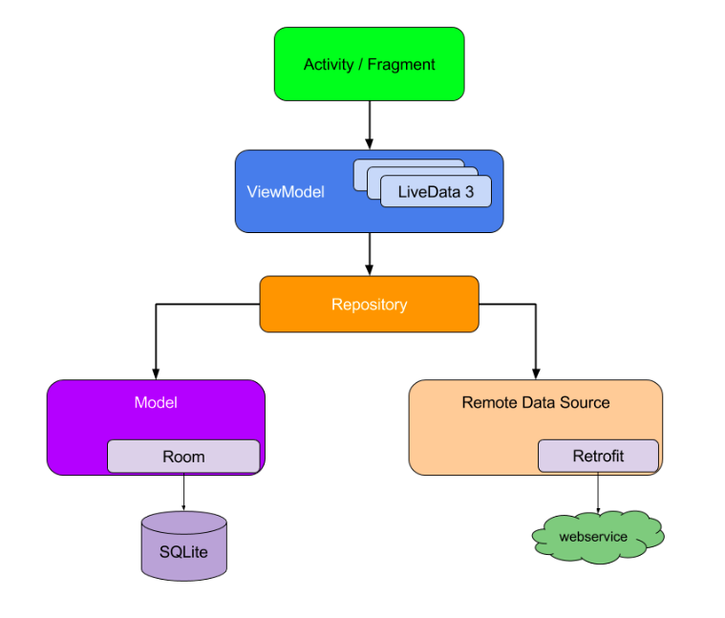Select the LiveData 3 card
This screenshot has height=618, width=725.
click(435, 191)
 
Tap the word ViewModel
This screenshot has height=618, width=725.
click(286, 192)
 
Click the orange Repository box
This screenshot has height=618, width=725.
click(369, 305)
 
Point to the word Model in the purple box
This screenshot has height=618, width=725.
click(156, 402)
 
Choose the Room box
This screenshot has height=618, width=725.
click(183, 457)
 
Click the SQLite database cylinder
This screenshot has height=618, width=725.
click(184, 547)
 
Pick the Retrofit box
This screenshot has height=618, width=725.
click(598, 456)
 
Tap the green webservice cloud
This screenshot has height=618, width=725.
click(596, 537)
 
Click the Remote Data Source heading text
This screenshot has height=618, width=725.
click(535, 402)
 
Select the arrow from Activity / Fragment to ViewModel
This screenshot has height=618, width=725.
click(369, 124)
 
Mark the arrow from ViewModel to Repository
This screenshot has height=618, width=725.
click(369, 254)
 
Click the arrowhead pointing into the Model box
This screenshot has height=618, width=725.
click(156, 373)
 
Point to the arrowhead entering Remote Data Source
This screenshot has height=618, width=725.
click(535, 373)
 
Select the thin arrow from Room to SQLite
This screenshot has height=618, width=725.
click(183, 491)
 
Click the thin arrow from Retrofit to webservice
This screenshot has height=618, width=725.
click(598, 493)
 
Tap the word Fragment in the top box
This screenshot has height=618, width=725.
click(402, 65)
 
